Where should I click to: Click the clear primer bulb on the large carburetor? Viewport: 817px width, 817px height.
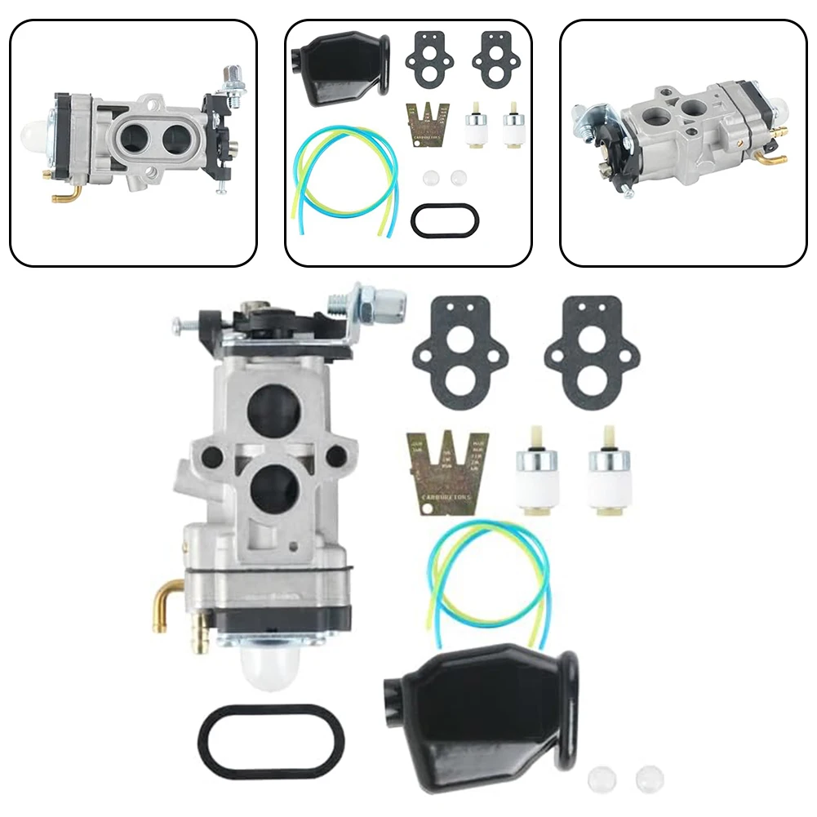tap(269, 670)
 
